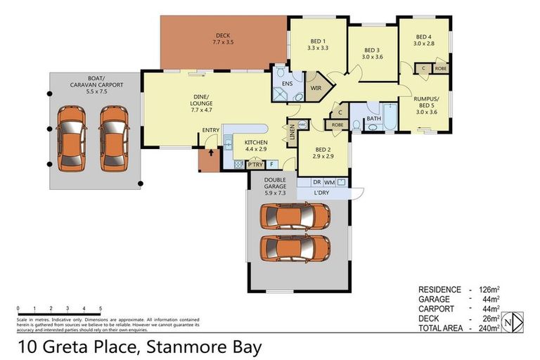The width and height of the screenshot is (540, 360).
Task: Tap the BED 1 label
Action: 319,44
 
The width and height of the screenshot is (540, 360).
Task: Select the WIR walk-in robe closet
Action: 316,88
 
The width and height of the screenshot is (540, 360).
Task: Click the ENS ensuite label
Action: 287,84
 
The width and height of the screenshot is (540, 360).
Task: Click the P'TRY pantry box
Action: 254,165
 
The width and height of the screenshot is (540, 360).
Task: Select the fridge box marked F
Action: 272,165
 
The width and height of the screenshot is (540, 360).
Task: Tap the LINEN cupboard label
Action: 292,132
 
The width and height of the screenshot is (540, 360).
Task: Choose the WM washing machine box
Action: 329,182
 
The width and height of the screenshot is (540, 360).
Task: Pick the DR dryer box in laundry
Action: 316,182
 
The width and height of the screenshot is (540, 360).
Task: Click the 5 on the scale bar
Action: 101,309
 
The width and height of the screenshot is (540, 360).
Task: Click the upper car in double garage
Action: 295,217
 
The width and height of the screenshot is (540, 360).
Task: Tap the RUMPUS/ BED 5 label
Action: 427,105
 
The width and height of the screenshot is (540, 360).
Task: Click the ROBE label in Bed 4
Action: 441,69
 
